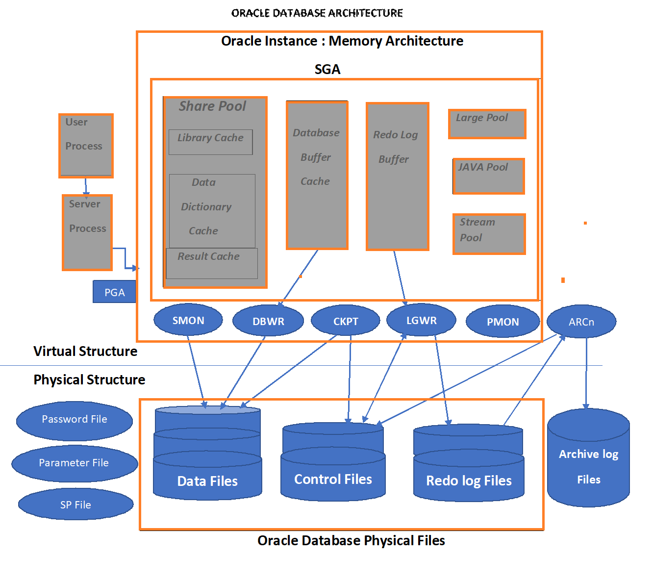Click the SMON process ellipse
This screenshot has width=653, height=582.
(x=188, y=321)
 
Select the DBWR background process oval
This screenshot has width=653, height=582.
(x=268, y=322)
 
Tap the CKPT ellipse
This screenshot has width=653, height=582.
(x=346, y=322)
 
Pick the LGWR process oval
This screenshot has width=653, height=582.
(x=421, y=321)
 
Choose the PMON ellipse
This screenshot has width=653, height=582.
(x=502, y=322)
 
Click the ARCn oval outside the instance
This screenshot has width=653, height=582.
(x=581, y=322)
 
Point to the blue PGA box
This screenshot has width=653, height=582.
(x=114, y=292)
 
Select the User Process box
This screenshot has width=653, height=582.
(x=86, y=146)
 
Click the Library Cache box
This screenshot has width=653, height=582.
(x=210, y=142)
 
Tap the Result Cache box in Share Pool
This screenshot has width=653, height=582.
(x=211, y=263)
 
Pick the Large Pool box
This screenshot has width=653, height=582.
(x=487, y=124)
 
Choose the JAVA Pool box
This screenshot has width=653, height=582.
(x=488, y=176)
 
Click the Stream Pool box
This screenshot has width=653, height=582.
(x=489, y=234)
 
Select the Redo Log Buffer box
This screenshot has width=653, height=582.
(x=398, y=177)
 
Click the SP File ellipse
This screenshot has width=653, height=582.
(x=75, y=505)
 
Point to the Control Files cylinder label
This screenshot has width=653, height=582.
(x=333, y=479)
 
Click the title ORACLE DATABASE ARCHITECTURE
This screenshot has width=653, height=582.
(x=317, y=13)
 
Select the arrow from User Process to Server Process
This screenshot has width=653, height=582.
(x=86, y=186)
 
